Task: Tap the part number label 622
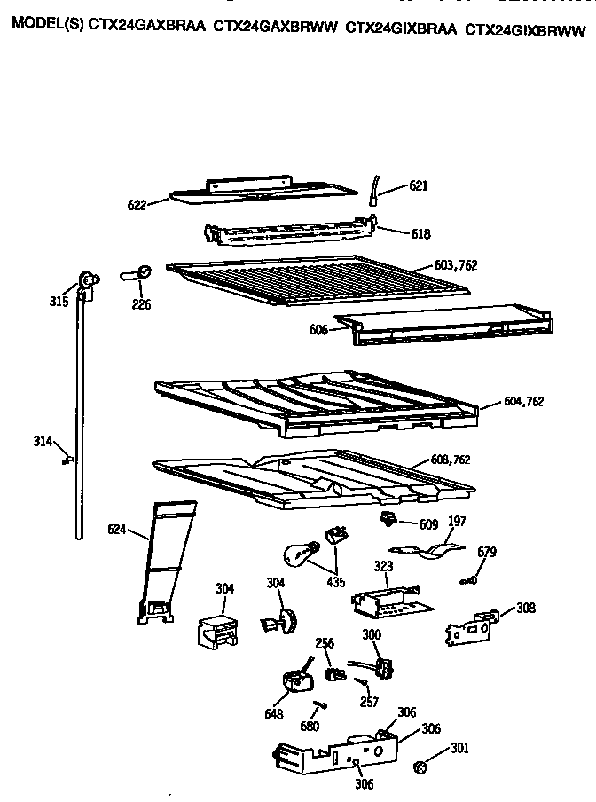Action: tap(137, 204)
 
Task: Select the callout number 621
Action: tap(419, 186)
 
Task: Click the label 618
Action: tap(420, 234)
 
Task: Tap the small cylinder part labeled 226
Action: tap(138, 274)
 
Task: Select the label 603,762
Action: tap(458, 266)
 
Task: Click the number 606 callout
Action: tap(318, 329)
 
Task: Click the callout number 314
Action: tap(43, 442)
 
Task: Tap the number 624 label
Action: tap(117, 531)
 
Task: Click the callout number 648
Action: tap(274, 712)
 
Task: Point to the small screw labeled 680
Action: tap(317, 704)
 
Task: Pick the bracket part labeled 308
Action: tap(471, 626)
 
